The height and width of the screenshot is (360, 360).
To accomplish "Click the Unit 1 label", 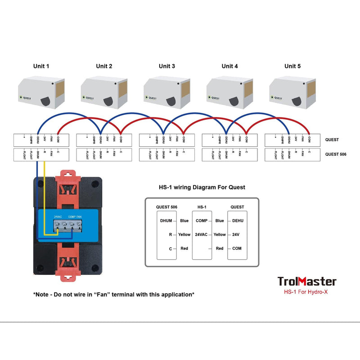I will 41,66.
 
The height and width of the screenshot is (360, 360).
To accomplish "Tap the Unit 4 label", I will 229,66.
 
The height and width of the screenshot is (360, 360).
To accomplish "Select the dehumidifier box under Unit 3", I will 167,92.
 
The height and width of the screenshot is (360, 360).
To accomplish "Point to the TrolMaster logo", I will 306,282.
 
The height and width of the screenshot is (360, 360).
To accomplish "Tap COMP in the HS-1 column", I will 202,221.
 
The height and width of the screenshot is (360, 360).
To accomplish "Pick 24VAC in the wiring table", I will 201,234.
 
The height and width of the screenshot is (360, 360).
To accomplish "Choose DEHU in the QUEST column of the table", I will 237,221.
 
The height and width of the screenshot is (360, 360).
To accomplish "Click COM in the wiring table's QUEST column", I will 237,248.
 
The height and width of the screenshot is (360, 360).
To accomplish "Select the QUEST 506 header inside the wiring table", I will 166,207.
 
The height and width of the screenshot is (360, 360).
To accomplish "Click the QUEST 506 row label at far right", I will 336,154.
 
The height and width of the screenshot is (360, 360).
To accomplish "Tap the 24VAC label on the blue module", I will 58,217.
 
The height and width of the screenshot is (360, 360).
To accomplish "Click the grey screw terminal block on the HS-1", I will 68,227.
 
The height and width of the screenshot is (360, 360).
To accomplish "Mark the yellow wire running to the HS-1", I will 45,198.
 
